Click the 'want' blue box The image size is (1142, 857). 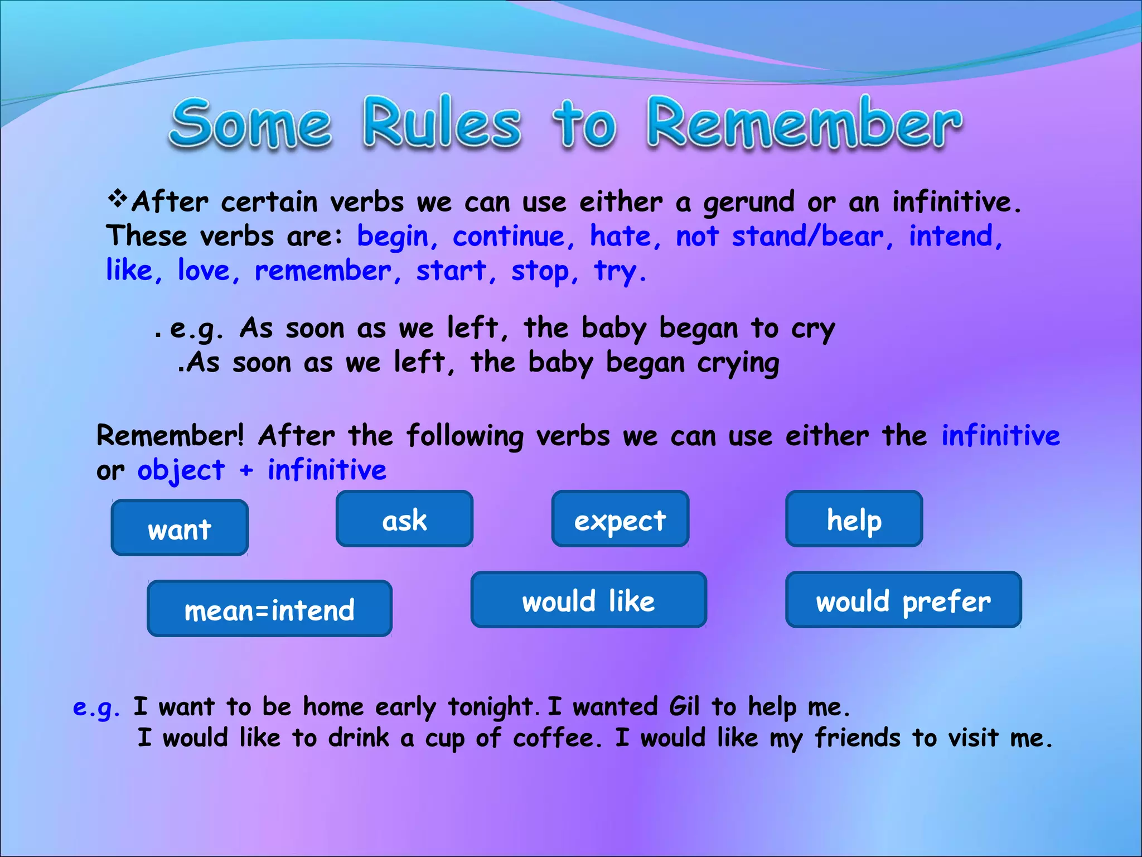(x=180, y=528)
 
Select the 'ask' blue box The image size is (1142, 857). (x=404, y=519)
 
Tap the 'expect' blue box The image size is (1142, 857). (x=620, y=519)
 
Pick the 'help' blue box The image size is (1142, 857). (x=854, y=519)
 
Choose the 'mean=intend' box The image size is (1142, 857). (x=269, y=609)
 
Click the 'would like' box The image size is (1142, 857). (x=588, y=600)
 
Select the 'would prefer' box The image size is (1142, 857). (x=903, y=600)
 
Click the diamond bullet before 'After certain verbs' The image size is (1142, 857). (x=117, y=198)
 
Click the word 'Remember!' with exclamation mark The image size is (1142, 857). (x=170, y=435)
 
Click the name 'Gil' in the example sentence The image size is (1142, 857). (x=684, y=707)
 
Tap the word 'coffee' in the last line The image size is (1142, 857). (x=557, y=738)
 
